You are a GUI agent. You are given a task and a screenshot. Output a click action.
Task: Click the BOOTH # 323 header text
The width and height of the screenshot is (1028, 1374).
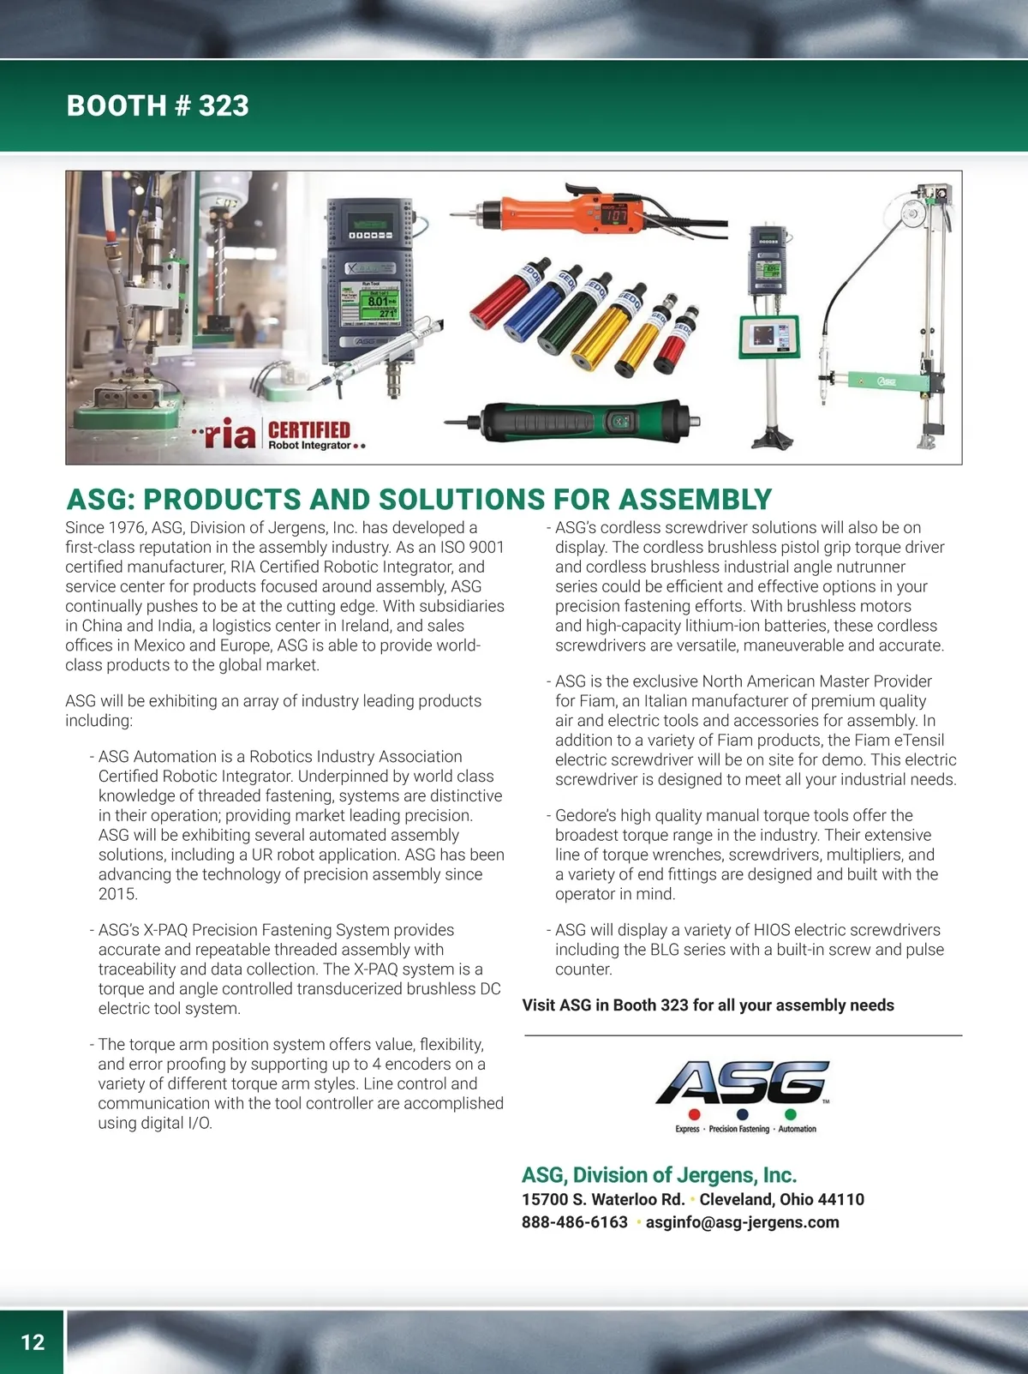pos(158,105)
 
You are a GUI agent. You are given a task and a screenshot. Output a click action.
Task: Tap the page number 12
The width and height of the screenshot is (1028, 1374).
pos(33,1341)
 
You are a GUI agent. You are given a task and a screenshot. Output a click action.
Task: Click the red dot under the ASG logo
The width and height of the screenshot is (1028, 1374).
pos(694,1114)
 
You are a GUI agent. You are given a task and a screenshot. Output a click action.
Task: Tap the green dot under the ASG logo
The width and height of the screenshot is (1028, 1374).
pos(791,1114)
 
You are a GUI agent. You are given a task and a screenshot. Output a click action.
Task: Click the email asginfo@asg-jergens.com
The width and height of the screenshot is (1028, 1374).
pos(742,1222)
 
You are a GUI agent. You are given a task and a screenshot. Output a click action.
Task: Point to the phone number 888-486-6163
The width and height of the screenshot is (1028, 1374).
pos(575,1222)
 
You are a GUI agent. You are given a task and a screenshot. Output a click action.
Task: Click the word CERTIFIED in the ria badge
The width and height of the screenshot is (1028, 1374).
pos(309,430)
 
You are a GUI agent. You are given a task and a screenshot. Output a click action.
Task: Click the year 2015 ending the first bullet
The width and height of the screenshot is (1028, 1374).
pos(117,894)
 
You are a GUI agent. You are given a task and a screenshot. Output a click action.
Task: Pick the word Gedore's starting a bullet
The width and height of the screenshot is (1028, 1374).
pos(585,815)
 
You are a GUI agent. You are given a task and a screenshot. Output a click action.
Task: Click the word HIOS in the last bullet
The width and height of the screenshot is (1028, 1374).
pos(772,930)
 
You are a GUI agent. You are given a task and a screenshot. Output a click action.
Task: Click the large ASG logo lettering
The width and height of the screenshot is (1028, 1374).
pos(742,1083)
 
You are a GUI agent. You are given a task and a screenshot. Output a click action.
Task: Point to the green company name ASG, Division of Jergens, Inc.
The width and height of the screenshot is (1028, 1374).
pos(659,1175)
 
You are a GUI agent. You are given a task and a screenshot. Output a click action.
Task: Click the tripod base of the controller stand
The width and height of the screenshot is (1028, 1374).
pos(771,441)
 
